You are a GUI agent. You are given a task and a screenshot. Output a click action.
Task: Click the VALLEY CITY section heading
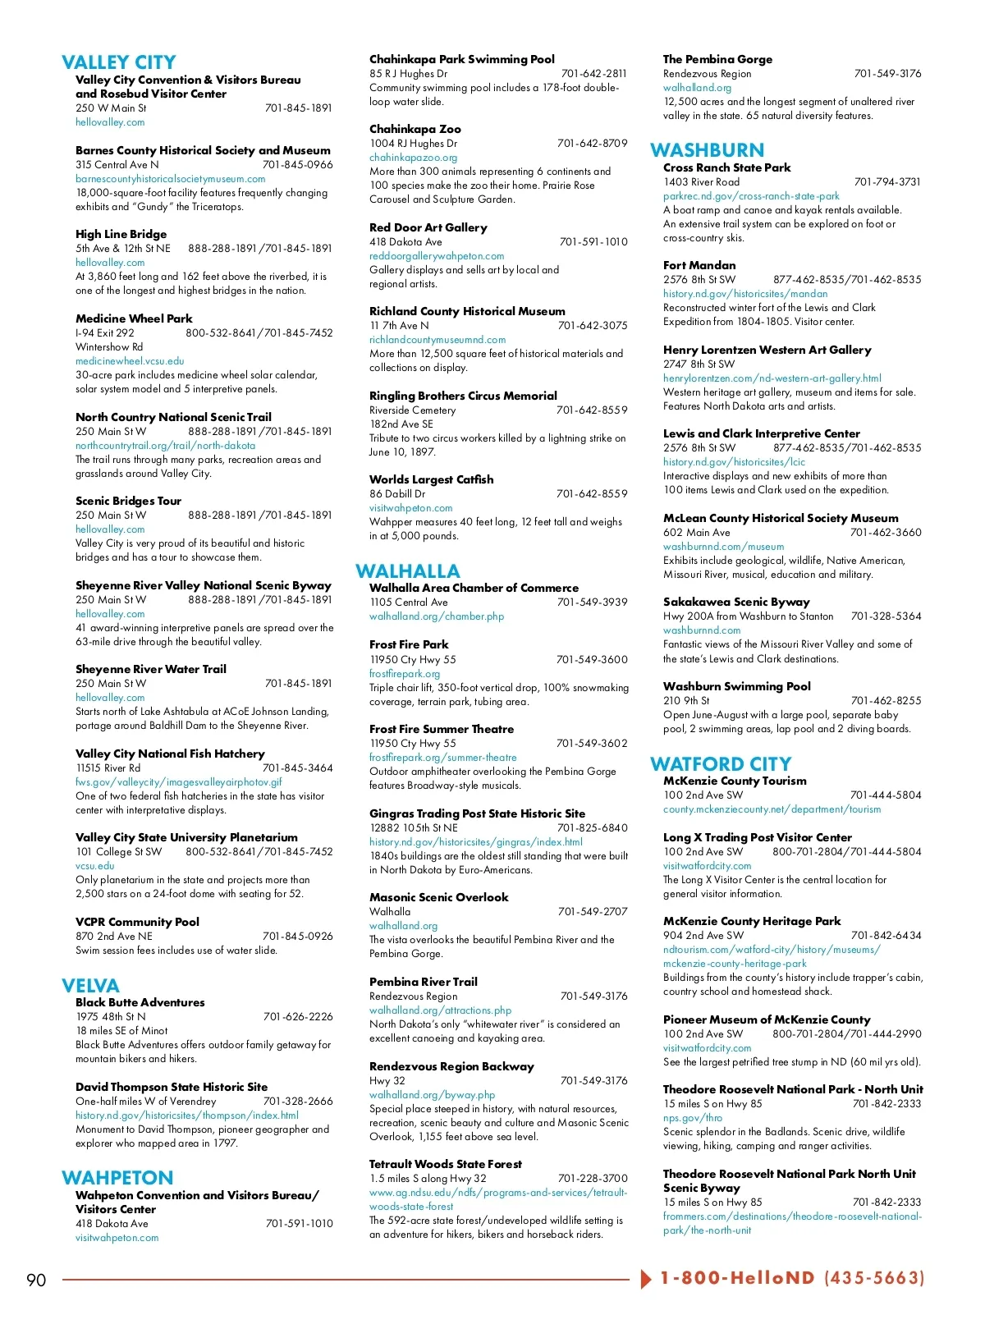[118, 62]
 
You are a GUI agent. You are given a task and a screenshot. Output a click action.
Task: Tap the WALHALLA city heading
[407, 571]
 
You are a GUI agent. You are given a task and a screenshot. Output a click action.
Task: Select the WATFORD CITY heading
[720, 764]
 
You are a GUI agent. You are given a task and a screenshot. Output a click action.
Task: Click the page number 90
[36, 1280]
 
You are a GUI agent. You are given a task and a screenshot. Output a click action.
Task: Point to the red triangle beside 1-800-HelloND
[646, 1279]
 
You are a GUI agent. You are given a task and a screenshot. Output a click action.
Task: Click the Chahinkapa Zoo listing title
[415, 129]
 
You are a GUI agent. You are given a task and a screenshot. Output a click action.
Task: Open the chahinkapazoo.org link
[413, 157]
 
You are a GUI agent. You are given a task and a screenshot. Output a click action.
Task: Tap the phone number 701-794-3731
[886, 182]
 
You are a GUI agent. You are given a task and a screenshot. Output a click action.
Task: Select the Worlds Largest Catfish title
[431, 479]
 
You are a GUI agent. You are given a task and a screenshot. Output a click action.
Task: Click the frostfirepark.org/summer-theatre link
[442, 758]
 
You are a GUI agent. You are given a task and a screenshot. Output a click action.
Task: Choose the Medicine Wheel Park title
[134, 318]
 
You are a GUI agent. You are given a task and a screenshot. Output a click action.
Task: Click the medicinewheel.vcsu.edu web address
[130, 361]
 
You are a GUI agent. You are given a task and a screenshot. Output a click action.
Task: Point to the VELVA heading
[90, 986]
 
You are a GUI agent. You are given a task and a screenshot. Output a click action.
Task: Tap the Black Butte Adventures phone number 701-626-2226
[298, 1016]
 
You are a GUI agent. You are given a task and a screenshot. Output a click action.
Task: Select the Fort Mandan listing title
[699, 265]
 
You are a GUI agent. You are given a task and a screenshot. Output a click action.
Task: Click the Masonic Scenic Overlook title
[438, 897]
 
